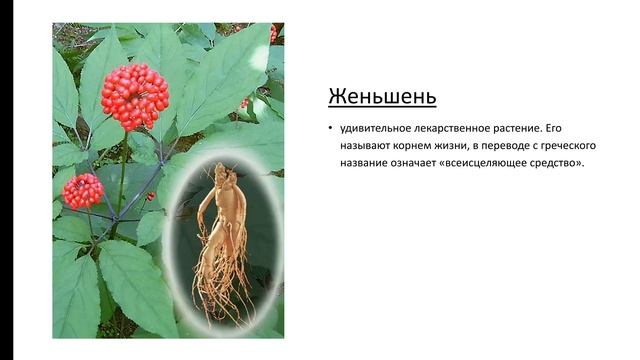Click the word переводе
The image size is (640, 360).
pyautogui.click(x=520, y=147)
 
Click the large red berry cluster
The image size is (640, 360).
pyautogui.click(x=135, y=96)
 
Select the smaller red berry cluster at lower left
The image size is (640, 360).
pyautogui.click(x=82, y=190)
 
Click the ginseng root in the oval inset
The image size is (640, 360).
pyautogui.click(x=219, y=220)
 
